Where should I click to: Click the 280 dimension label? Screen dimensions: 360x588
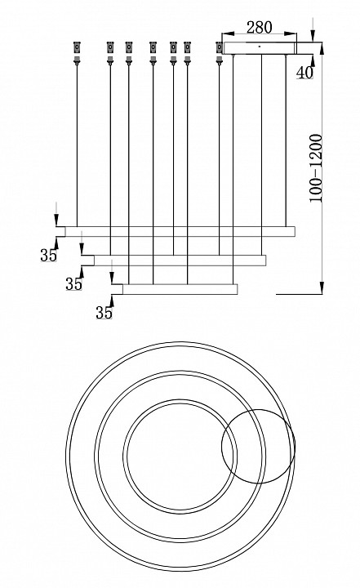click(x=259, y=28)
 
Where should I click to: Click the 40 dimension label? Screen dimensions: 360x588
click(x=304, y=73)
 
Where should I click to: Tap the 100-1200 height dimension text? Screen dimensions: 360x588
click(x=316, y=168)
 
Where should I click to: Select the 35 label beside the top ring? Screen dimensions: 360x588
click(x=48, y=256)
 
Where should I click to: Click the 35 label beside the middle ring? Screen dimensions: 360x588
click(x=73, y=284)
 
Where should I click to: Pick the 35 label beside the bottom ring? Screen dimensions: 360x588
click(x=104, y=312)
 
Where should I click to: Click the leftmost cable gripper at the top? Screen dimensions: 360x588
click(x=77, y=53)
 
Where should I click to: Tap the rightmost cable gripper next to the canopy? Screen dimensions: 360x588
click(x=220, y=53)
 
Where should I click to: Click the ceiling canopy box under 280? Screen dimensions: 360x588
click(x=260, y=48)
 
